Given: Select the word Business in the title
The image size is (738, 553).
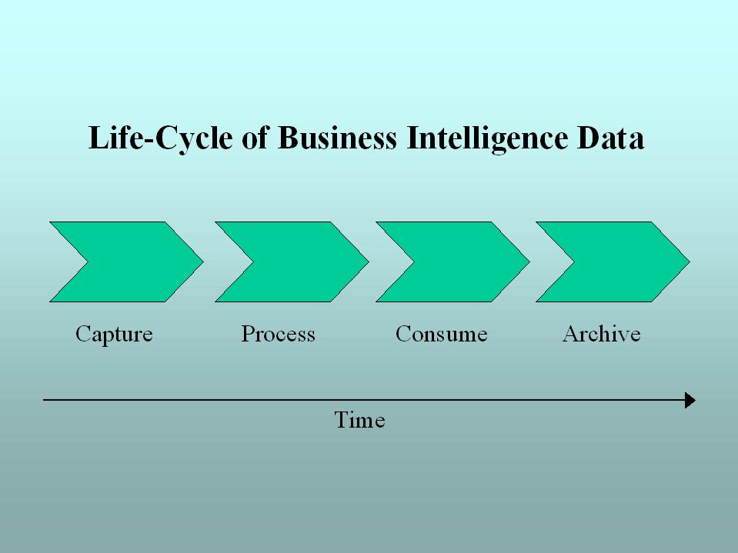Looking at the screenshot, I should tap(336, 139).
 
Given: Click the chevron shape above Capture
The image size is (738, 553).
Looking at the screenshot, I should tap(135, 262).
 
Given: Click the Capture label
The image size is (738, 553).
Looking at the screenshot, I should tap(114, 335).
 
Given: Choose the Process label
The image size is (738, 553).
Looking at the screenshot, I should tap(278, 335).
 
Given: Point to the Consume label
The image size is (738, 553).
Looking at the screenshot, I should tap(441, 335).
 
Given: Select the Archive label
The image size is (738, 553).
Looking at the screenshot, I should tap(601, 335).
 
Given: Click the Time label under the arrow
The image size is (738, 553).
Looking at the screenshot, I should tap(359, 420).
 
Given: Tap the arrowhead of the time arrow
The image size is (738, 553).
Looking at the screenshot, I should tap(690, 400).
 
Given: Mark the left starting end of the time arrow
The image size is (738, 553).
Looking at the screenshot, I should tap(45, 400).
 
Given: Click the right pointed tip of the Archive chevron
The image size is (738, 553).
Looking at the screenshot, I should tap(688, 262).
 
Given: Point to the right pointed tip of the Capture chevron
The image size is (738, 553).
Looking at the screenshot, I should tap(202, 262).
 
